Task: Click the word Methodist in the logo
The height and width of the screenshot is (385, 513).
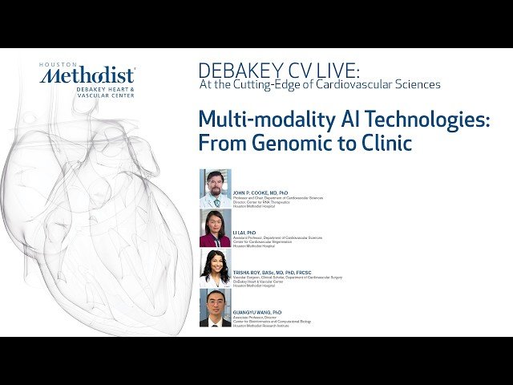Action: tap(88, 75)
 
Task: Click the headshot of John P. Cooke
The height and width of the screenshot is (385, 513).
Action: tap(215, 188)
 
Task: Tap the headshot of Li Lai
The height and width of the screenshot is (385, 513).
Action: tap(215, 228)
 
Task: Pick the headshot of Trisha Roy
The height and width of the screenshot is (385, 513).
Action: tap(215, 268)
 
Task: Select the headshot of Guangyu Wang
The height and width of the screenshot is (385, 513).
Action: tap(215, 307)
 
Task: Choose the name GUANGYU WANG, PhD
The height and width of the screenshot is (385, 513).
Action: tap(257, 311)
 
